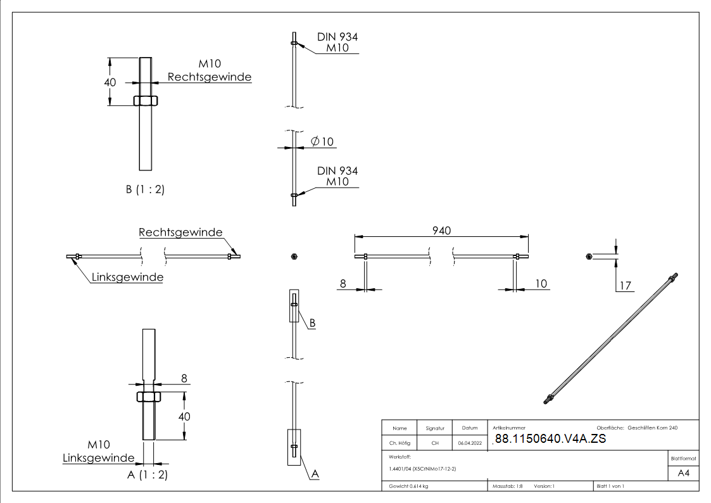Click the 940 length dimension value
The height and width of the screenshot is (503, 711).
point(441,231)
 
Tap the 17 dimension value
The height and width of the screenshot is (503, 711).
point(626,286)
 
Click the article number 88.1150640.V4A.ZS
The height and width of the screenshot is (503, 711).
point(550,440)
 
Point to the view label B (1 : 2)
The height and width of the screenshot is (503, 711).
point(145,189)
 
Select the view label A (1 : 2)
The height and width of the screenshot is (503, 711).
point(148,474)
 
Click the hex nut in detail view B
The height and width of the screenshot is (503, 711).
point(146,101)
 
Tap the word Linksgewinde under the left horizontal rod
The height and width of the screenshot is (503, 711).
point(127,277)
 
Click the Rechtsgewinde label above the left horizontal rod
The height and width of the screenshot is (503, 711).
point(180,232)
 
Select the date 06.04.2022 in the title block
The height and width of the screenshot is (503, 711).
point(469,443)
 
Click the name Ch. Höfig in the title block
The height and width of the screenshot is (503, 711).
point(399,443)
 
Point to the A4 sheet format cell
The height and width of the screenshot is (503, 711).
point(683,473)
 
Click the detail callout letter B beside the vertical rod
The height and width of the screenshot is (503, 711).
point(312,322)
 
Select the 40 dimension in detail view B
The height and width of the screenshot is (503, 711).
point(110,82)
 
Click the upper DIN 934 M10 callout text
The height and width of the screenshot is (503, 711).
point(337,42)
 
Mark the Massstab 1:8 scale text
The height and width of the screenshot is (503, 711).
point(507,486)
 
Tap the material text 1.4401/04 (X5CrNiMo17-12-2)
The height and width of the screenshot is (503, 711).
point(422,468)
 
